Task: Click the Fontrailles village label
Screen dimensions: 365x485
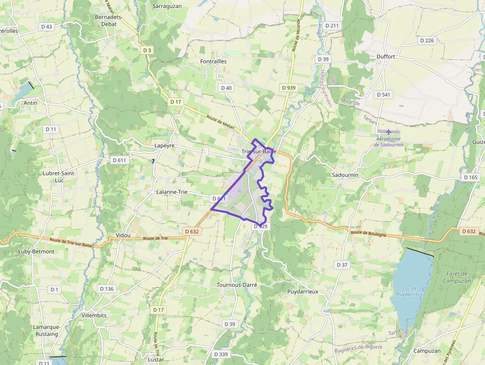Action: pyautogui.click(x=213, y=61)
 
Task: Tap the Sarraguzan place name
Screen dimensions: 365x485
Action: pyautogui.click(x=167, y=6)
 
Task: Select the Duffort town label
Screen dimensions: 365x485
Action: pyautogui.click(x=386, y=56)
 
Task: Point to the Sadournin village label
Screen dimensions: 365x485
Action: pyautogui.click(x=345, y=175)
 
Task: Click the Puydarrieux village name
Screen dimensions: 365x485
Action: pyautogui.click(x=302, y=292)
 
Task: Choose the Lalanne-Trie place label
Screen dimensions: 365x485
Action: pyautogui.click(x=172, y=192)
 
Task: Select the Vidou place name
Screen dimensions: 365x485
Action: pyautogui.click(x=123, y=235)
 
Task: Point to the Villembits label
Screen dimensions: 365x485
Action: pyautogui.click(x=94, y=315)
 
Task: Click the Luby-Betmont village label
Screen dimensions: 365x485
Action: pyautogui.click(x=36, y=251)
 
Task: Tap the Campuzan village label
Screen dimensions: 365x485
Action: pyautogui.click(x=427, y=351)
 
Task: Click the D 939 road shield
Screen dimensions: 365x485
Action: pyautogui.click(x=289, y=88)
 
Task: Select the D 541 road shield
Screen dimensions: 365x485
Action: pyautogui.click(x=383, y=94)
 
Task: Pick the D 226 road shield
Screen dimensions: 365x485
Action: pyautogui.click(x=427, y=41)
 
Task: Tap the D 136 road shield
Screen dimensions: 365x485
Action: pyautogui.click(x=106, y=289)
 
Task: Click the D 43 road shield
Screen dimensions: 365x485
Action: pyautogui.click(x=47, y=27)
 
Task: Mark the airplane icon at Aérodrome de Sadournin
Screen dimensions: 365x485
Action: pyautogui.click(x=388, y=132)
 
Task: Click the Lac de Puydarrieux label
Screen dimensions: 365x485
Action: pyautogui.click(x=410, y=291)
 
